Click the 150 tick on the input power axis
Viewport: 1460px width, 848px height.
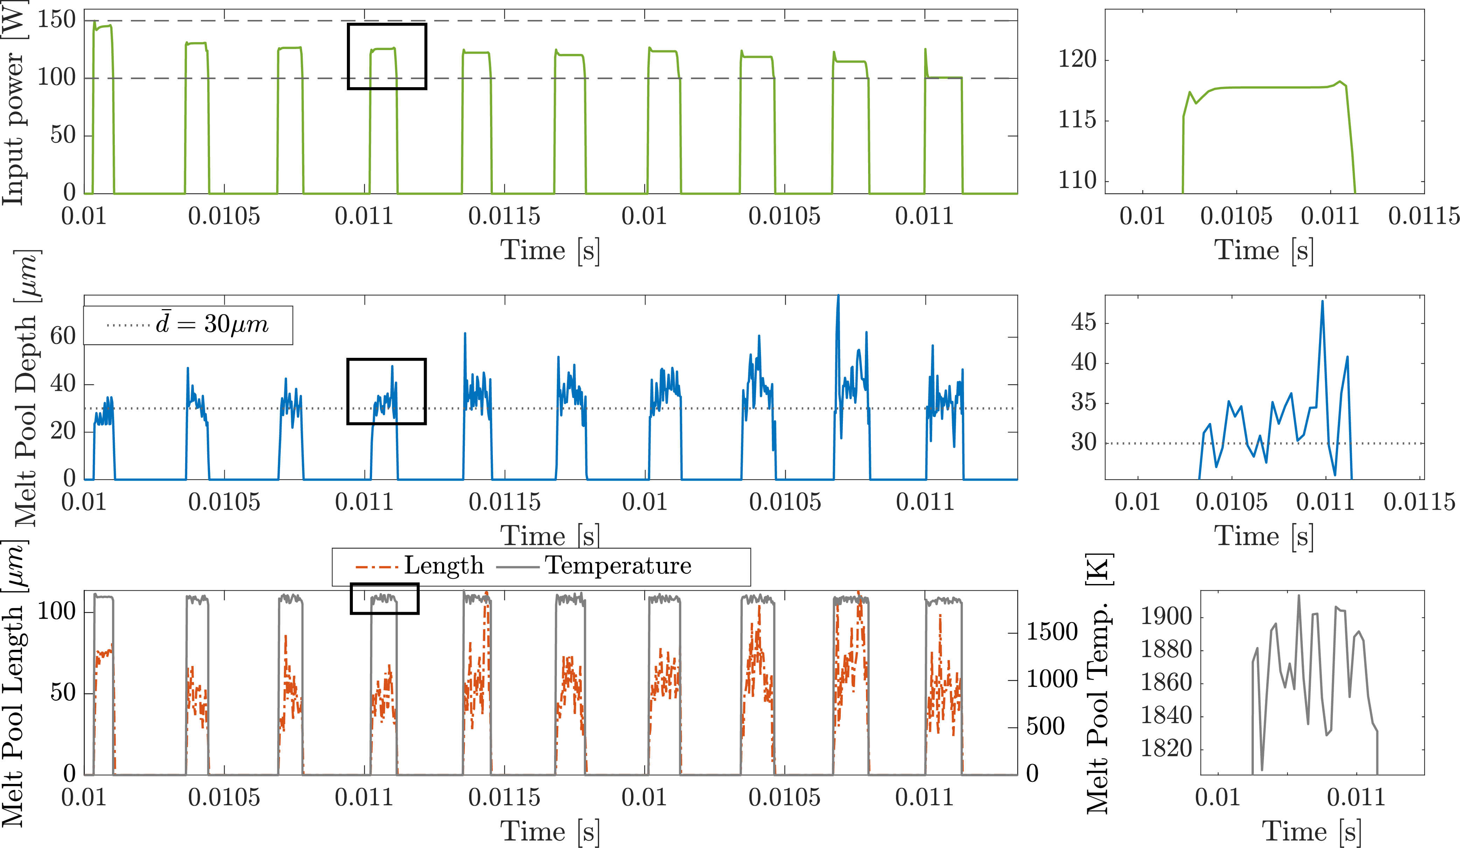click(56, 20)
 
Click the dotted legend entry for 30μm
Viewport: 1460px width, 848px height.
click(188, 325)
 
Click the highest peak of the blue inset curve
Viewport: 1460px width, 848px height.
click(1322, 301)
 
